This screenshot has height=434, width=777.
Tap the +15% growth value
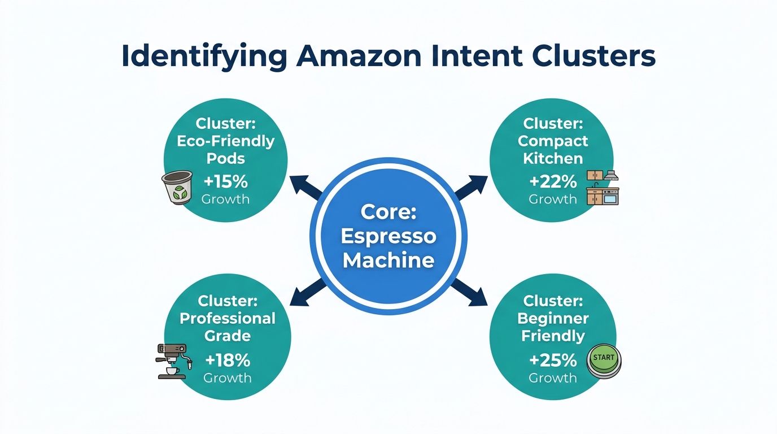click(x=225, y=181)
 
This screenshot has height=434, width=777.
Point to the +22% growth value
click(x=553, y=181)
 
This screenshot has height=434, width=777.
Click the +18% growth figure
click(x=227, y=360)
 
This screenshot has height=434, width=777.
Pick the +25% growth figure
click(x=553, y=360)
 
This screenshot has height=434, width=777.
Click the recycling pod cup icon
click(x=177, y=187)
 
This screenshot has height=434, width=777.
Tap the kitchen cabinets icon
click(x=603, y=187)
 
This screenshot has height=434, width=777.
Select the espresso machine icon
click(x=173, y=361)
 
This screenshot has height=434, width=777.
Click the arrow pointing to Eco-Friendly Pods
click(x=305, y=187)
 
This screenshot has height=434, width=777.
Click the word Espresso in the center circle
click(x=388, y=236)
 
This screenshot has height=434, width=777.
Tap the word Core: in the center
click(x=388, y=212)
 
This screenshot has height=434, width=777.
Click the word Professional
click(x=228, y=318)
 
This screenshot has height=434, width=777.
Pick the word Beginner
click(x=553, y=318)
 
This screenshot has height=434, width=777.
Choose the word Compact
click(x=553, y=141)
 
